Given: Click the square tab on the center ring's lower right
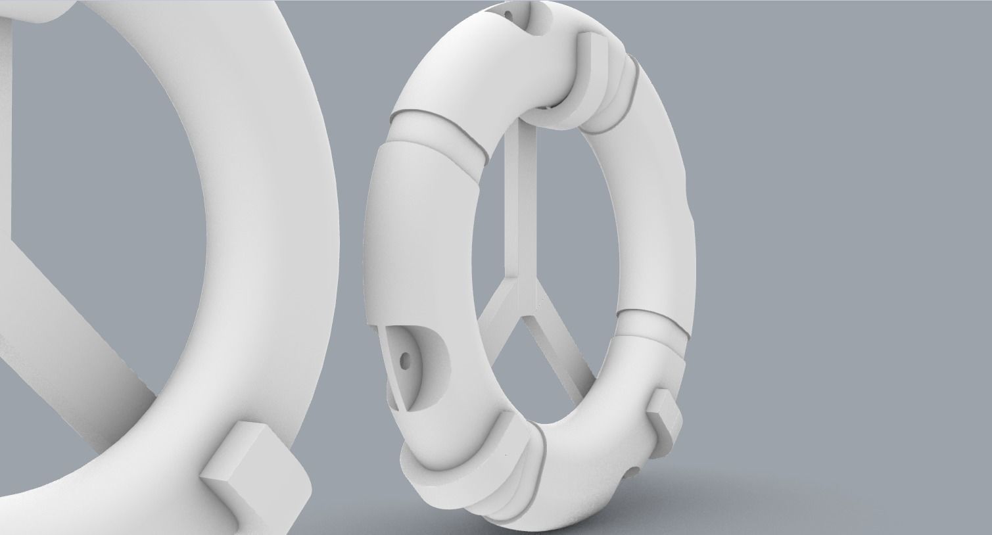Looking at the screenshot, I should click(665, 421).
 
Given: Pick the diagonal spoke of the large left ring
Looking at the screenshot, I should click(79, 322).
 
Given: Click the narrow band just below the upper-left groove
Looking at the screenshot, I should click(434, 135).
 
